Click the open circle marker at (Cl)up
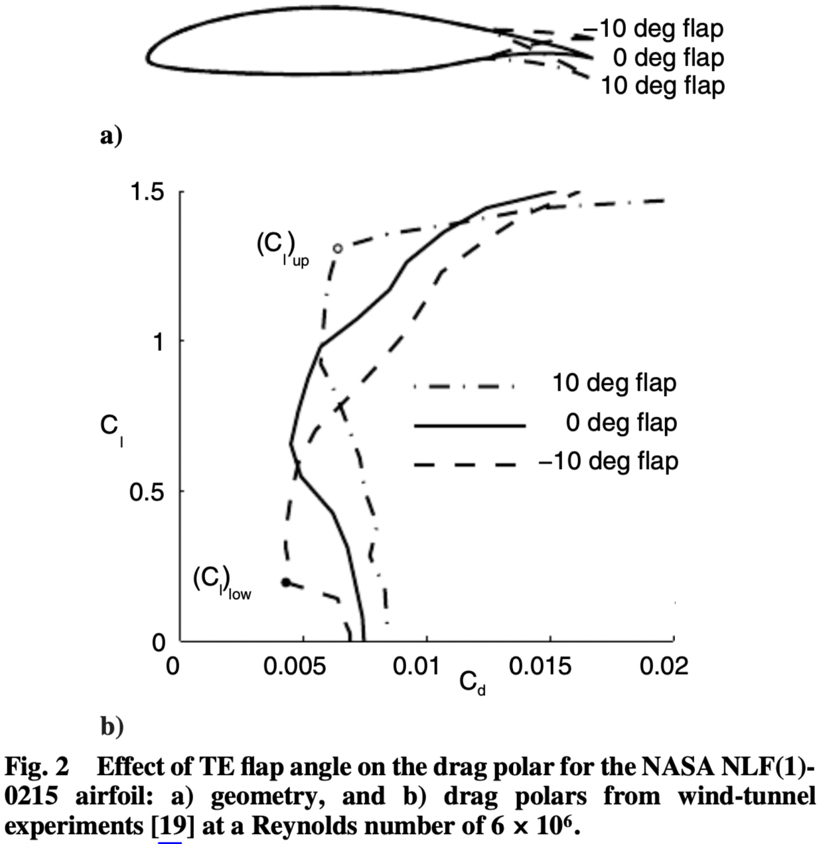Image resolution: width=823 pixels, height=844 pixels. pyautogui.click(x=337, y=248)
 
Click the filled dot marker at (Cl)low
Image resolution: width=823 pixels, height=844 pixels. pyautogui.click(x=286, y=583)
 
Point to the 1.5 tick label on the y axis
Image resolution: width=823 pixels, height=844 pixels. pyautogui.click(x=147, y=192)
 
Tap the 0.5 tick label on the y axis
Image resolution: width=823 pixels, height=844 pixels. pyautogui.click(x=147, y=492)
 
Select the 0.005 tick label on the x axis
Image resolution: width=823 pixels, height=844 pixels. pyautogui.click(x=295, y=666)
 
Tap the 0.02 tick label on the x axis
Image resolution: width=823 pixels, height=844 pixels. pyautogui.click(x=664, y=666)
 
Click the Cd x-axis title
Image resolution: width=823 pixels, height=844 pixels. pyautogui.click(x=473, y=683)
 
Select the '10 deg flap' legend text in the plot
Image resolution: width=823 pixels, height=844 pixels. pyautogui.click(x=614, y=384)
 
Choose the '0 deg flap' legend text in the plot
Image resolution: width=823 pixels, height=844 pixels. pyautogui.click(x=621, y=423)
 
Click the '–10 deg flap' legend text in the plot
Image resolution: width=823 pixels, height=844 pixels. pyautogui.click(x=608, y=461)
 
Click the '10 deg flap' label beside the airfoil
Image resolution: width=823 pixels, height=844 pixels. pyautogui.click(x=662, y=86)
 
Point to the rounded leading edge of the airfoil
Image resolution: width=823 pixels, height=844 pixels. pyautogui.click(x=149, y=54)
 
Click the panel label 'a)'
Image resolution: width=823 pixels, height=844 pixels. pyautogui.click(x=111, y=136)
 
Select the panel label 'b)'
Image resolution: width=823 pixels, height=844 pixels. pyautogui.click(x=112, y=727)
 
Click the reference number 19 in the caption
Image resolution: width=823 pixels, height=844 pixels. pyautogui.click(x=170, y=827)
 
